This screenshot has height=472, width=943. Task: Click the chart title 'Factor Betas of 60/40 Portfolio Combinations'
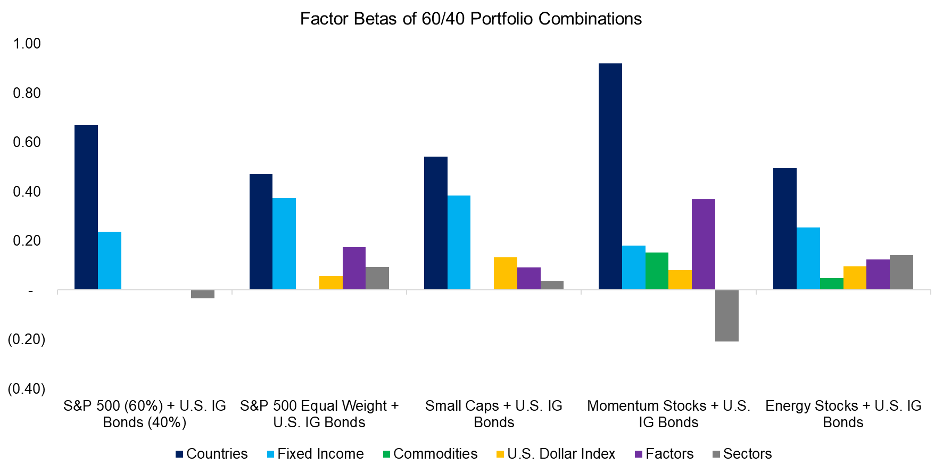(470, 19)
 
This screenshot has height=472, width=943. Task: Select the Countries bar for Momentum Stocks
(610, 176)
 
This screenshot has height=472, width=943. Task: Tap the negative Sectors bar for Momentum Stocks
(726, 315)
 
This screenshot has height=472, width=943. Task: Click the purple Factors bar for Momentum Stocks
(703, 245)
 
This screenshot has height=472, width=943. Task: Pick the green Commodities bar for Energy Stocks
(831, 284)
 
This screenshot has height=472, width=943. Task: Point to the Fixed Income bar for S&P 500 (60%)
(110, 261)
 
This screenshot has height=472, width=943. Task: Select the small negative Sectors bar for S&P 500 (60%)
(202, 294)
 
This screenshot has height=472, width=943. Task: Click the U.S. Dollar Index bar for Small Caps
(505, 273)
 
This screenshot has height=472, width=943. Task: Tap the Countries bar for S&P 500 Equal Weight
(261, 232)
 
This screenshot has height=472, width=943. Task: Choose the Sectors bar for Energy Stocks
(901, 272)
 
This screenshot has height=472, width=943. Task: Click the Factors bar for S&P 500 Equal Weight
(354, 268)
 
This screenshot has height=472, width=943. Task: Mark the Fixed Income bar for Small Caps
(459, 242)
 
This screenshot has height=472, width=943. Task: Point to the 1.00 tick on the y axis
(27, 44)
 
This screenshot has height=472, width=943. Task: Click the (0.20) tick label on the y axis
(27, 339)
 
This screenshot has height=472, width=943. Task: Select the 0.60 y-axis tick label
(27, 142)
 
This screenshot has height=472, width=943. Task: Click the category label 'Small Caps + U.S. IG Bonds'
(494, 414)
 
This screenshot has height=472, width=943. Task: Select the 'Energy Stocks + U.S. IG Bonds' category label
(843, 414)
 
